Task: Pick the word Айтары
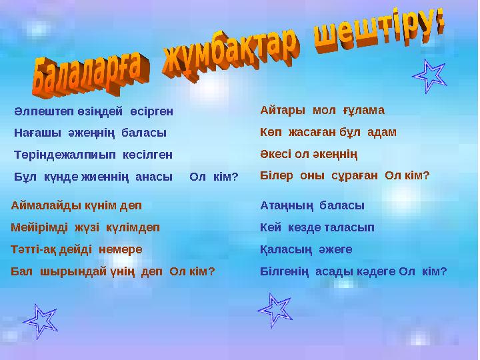283,110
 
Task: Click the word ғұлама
364,110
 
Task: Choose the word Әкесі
276,154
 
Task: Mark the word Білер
274,176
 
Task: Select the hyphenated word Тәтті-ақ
34,249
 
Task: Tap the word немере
121,249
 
